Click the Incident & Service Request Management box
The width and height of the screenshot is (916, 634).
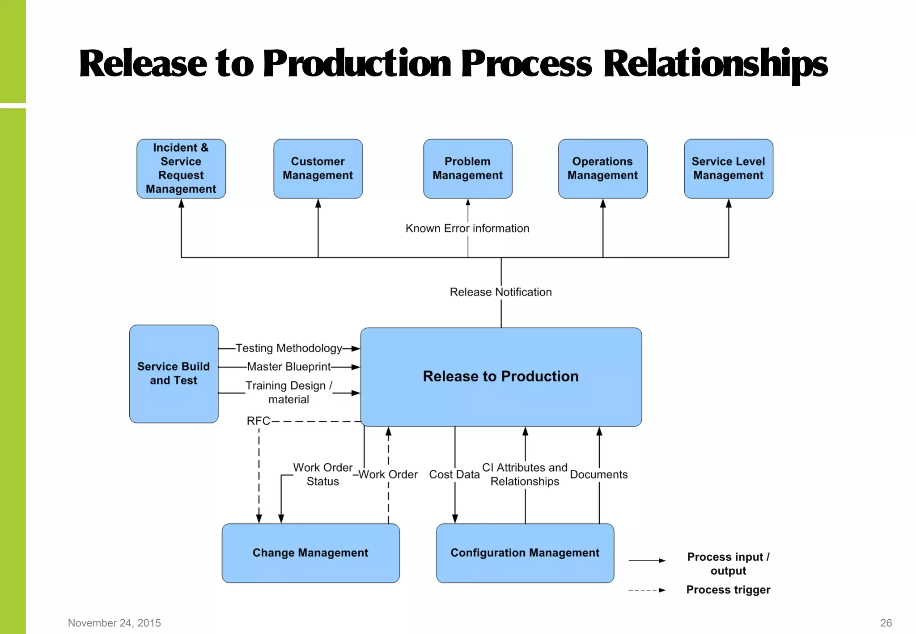coord(181,169)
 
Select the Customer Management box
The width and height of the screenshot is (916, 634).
coord(318,169)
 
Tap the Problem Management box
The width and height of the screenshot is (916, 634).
coord(467,169)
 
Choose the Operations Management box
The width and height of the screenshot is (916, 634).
coord(602,169)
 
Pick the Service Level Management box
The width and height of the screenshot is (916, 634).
coord(728,169)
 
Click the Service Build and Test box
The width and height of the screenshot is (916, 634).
coord(174,374)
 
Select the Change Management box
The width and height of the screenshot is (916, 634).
coord(310,553)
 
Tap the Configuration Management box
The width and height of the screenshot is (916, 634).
coord(525,553)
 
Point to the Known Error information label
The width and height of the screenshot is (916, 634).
coord(467,228)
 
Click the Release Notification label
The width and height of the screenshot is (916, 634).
coord(500,292)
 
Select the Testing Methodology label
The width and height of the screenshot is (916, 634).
coord(289,348)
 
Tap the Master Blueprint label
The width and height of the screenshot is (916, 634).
coord(289,367)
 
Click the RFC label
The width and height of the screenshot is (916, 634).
coord(259,421)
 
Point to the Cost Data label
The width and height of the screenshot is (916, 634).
coord(454,474)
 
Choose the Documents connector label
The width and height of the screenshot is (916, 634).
coord(598,474)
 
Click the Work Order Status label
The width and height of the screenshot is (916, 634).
coord(322,474)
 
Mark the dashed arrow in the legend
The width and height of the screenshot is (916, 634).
coord(647,590)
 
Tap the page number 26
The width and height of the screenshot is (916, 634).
coord(886,623)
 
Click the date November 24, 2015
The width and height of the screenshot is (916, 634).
coord(114,623)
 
